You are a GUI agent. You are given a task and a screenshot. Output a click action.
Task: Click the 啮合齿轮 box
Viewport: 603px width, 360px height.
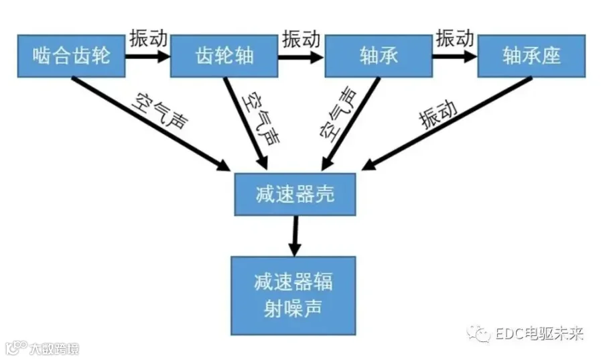pyautogui.click(x=71, y=56)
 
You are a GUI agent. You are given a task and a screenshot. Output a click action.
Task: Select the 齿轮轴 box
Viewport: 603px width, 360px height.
pyautogui.click(x=224, y=56)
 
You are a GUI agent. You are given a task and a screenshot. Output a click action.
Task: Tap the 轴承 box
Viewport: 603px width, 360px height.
pyautogui.click(x=379, y=56)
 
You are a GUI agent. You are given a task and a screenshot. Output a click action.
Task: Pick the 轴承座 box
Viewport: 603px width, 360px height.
pyautogui.click(x=531, y=56)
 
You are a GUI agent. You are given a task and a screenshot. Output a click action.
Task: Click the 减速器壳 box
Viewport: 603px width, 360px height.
pyautogui.click(x=295, y=194)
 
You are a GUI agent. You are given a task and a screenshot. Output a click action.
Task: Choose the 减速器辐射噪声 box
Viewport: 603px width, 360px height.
pyautogui.click(x=293, y=296)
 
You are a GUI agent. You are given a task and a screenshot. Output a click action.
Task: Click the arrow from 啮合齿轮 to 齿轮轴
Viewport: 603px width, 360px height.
pyautogui.click(x=147, y=56)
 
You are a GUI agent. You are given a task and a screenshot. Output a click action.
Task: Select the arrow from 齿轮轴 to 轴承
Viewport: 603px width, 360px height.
pyautogui.click(x=301, y=57)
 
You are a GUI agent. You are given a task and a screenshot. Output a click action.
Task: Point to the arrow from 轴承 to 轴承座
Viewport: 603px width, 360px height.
pyautogui.click(x=455, y=56)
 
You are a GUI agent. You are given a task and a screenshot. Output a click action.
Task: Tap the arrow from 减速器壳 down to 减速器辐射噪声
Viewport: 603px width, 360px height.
pyautogui.click(x=295, y=236)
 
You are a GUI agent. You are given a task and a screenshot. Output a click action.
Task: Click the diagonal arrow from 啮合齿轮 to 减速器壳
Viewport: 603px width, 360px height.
pyautogui.click(x=151, y=124)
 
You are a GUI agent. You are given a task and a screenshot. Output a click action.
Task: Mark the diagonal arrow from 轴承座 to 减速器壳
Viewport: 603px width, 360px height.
pyautogui.click(x=447, y=123)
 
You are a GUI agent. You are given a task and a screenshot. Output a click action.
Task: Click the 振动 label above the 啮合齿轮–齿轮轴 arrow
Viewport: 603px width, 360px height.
pyautogui.click(x=149, y=38)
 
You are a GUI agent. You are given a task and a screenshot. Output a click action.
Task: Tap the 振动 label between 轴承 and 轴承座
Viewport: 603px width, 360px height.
pyautogui.click(x=454, y=38)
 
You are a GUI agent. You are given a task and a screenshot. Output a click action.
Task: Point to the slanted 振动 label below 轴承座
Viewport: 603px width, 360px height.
pyautogui.click(x=438, y=115)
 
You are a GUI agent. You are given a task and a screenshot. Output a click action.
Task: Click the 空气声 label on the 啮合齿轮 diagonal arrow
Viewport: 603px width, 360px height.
pyautogui.click(x=160, y=111)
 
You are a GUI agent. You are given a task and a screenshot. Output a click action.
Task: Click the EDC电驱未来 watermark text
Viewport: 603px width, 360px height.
pyautogui.click(x=539, y=334)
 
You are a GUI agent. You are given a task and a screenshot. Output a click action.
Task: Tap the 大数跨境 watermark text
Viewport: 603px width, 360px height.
pyautogui.click(x=54, y=349)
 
